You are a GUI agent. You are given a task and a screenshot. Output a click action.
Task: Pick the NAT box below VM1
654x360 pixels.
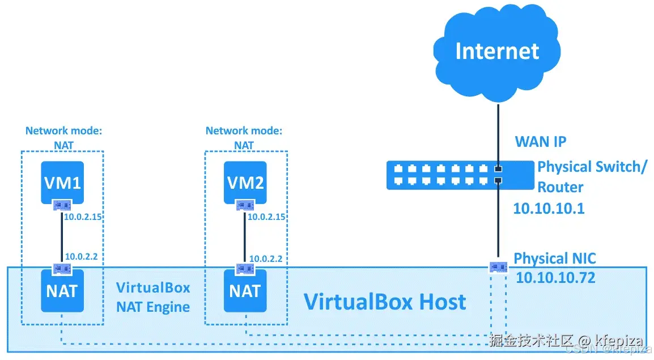pyautogui.click(x=62, y=291)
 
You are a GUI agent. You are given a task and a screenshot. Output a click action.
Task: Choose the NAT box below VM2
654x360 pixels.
pyautogui.click(x=245, y=291)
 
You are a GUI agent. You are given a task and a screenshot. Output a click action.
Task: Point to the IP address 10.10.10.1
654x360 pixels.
pyautogui.click(x=548, y=209)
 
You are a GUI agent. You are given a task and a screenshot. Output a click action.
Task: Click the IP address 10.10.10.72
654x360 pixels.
pyautogui.click(x=555, y=278)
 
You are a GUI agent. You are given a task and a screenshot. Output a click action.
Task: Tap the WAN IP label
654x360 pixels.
pyautogui.click(x=540, y=141)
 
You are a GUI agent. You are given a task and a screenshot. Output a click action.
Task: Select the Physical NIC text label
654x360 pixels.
pyautogui.click(x=554, y=259)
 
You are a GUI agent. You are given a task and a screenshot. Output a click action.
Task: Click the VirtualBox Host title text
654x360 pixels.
pyautogui.click(x=385, y=302)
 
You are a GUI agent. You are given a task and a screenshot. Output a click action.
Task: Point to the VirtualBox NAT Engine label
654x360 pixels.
pyautogui.click(x=153, y=297)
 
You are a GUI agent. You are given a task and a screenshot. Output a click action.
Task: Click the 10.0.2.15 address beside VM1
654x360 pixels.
pyautogui.click(x=83, y=217)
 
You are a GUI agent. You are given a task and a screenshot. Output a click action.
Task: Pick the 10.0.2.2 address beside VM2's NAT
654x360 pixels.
pyautogui.click(x=266, y=259)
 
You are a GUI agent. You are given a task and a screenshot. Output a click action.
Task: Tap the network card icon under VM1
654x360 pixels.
pyautogui.click(x=62, y=205)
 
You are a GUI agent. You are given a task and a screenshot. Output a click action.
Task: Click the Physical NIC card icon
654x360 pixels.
pyautogui.click(x=498, y=266)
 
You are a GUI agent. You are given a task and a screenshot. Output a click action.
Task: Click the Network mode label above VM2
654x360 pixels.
pyautogui.click(x=244, y=137)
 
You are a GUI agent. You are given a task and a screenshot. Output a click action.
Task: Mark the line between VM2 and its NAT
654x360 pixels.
pyautogui.click(x=245, y=236)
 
